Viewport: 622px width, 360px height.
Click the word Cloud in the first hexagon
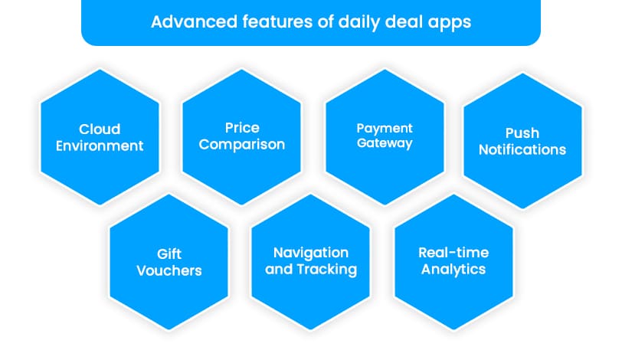click(100, 129)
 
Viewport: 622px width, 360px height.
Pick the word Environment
click(100, 146)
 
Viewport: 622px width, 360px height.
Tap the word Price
click(242, 127)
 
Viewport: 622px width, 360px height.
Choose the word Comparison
click(242, 144)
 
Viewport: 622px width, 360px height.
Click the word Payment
click(385, 128)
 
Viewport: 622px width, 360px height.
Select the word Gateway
click(385, 143)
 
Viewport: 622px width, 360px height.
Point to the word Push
click(522, 133)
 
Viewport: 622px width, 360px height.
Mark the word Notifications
click(522, 150)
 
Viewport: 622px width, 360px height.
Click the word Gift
click(169, 254)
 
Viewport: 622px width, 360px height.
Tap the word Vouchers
click(169, 270)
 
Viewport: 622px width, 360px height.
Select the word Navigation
click(311, 252)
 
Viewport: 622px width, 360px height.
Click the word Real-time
click(453, 252)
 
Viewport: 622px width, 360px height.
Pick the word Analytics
click(453, 269)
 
